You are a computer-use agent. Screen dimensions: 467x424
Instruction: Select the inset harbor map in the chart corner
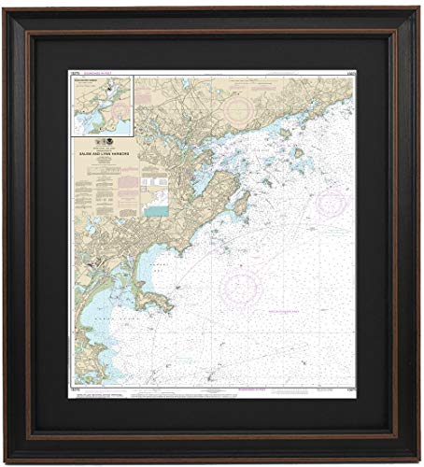pos(102,105)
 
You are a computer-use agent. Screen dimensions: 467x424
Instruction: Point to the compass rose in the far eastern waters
pos(331,202)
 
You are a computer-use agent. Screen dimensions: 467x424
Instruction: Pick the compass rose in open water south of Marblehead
pos(241,286)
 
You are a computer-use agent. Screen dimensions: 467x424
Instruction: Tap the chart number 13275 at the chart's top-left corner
pos(75,73)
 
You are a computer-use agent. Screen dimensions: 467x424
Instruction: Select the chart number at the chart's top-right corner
pos(348,73)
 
